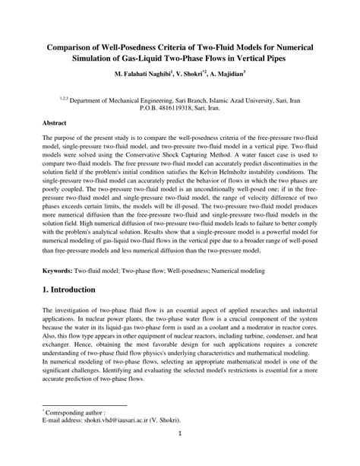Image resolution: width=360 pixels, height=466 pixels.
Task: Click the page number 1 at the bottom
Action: (x=180, y=455)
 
